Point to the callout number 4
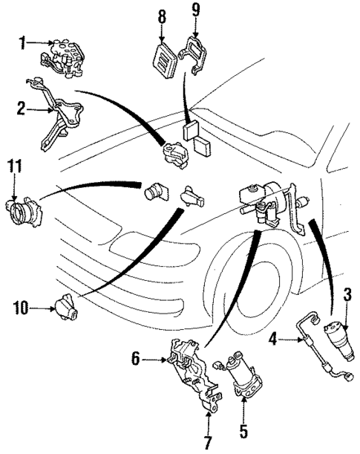272,341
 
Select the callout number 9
195,10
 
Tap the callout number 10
17,305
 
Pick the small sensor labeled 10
67,305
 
